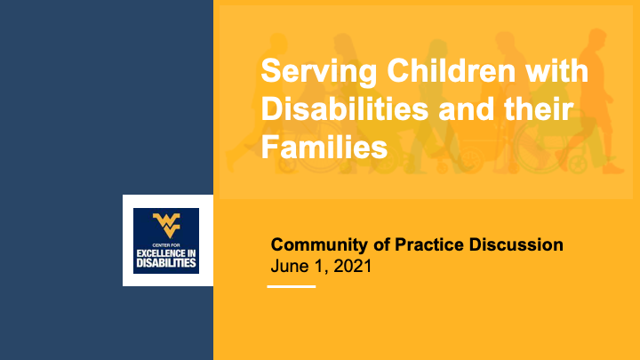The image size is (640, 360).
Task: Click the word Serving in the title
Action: pyautogui.click(x=307, y=70)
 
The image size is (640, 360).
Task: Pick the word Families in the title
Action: pyautogui.click(x=324, y=147)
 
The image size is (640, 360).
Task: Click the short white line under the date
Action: pyautogui.click(x=292, y=286)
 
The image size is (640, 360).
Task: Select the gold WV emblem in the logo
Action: pyautogui.click(x=166, y=223)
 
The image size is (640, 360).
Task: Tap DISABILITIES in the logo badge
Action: pyautogui.click(x=166, y=265)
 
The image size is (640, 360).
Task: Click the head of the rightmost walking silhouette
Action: pyautogui.click(x=597, y=40)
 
